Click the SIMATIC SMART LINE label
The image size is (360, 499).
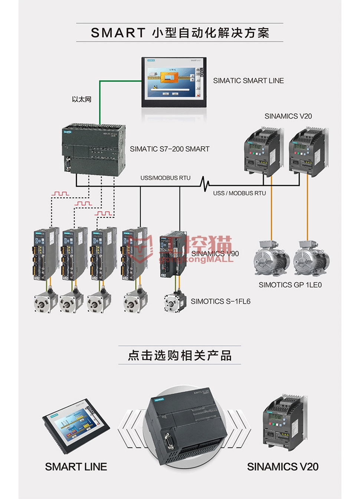[248, 81]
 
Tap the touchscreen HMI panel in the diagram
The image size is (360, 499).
[174, 82]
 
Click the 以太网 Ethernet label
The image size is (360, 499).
[81, 99]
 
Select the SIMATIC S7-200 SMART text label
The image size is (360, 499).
[170, 149]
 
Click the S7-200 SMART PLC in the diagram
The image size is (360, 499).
[94, 150]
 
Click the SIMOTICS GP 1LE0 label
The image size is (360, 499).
[290, 285]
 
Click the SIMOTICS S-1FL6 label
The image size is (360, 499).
[220, 301]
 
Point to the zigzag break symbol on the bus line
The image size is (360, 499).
[205, 184]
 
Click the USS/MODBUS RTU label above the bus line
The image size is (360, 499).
[165, 178]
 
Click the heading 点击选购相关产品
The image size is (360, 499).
[180, 355]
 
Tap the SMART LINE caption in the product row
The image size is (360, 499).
[76, 467]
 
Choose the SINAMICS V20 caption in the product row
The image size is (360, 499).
[283, 467]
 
